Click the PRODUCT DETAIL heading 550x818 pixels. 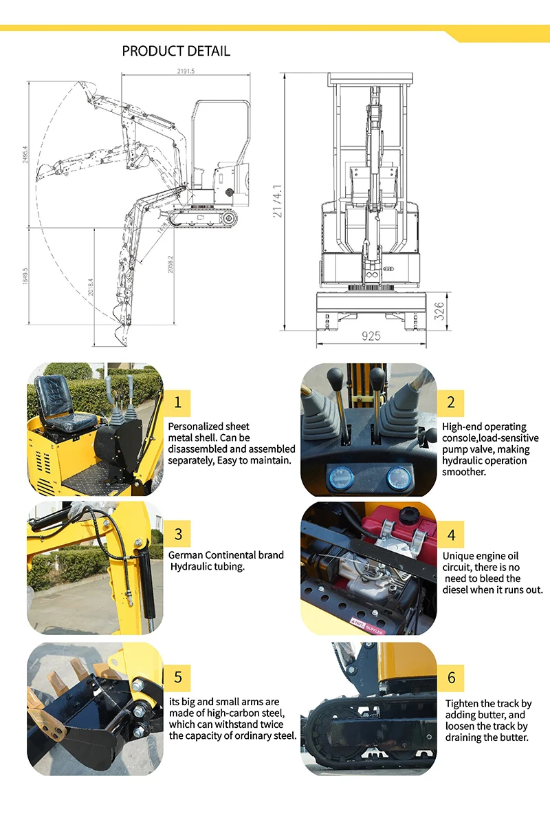pyautogui.click(x=176, y=51)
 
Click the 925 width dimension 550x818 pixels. pyautogui.click(x=371, y=336)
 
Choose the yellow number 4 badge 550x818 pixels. pyautogui.click(x=451, y=535)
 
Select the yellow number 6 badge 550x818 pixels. pyautogui.click(x=451, y=678)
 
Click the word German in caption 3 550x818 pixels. pyautogui.click(x=186, y=555)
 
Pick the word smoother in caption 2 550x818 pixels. pyautogui.click(x=464, y=472)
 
